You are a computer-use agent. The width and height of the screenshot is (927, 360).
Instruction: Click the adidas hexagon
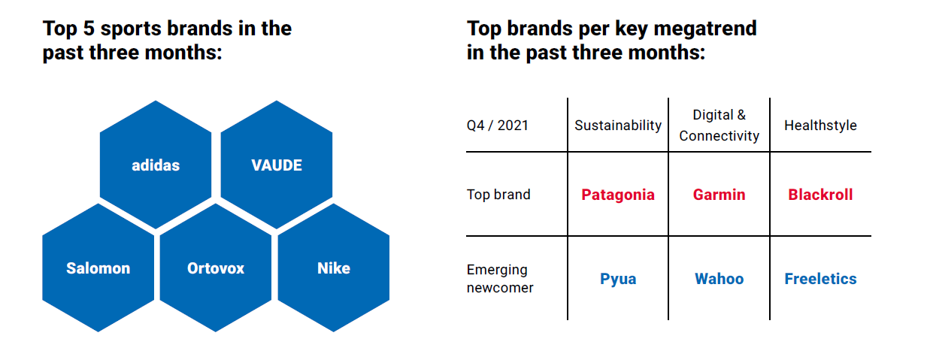point(156,165)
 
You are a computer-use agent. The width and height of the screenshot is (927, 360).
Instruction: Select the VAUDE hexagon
point(277,165)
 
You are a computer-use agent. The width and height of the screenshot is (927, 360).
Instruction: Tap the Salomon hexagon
point(98,268)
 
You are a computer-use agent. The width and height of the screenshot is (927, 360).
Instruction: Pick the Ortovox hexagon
point(216,268)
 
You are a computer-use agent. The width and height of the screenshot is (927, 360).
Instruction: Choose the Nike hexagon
point(334,268)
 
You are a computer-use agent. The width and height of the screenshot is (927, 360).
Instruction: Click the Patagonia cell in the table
point(618,195)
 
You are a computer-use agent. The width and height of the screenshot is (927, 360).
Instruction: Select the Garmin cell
point(719,195)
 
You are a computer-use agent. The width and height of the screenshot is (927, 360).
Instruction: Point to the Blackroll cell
point(820,195)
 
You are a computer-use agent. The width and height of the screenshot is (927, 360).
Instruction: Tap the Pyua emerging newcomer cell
point(618,279)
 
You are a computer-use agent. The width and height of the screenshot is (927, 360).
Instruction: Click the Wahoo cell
point(719,279)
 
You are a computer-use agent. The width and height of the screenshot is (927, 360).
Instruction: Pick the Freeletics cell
point(821,279)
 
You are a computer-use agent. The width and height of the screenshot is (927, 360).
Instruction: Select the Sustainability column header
point(618,125)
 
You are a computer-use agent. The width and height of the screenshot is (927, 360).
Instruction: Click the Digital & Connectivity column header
point(719,125)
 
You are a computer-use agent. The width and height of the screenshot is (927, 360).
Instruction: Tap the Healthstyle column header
point(821,125)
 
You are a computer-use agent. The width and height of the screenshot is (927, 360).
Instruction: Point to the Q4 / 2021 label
point(498,125)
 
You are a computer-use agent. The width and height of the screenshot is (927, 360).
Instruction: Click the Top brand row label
point(498,194)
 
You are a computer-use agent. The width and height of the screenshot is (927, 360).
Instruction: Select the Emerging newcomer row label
point(500,279)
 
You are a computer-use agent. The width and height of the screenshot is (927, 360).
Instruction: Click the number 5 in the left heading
point(89,29)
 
